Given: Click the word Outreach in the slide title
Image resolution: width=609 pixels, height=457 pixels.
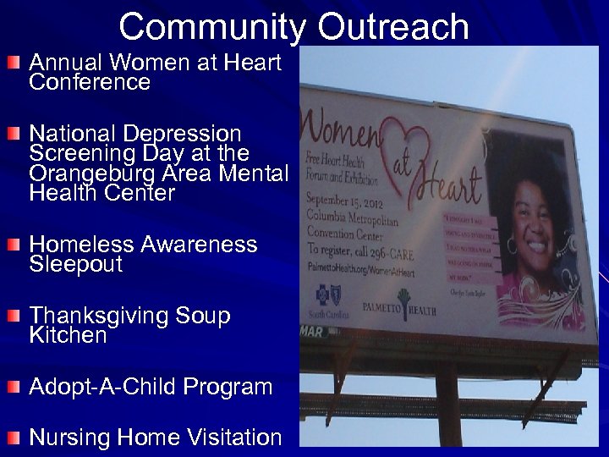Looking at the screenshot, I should tap(393, 26).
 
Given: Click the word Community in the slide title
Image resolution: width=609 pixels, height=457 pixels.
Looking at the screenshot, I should tap(211, 26).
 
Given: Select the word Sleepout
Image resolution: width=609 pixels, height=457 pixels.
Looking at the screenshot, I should tap(76, 265).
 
